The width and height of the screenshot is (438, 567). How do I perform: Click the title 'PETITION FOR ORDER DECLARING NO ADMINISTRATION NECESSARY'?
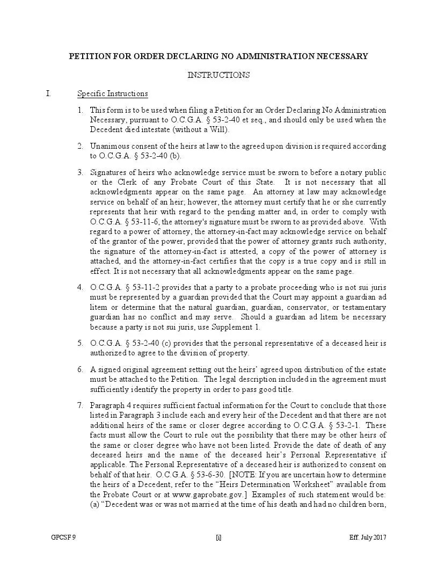click(x=218, y=56)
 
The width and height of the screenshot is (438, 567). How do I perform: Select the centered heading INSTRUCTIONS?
click(x=218, y=75)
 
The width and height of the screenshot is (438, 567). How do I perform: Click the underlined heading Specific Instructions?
click(x=112, y=94)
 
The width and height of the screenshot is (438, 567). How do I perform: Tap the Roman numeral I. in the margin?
click(x=48, y=94)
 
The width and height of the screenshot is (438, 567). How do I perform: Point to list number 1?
click(x=80, y=111)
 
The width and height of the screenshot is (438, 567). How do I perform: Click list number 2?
click(x=80, y=147)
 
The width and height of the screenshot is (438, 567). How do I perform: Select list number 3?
click(x=80, y=172)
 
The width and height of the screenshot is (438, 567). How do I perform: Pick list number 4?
click(x=80, y=287)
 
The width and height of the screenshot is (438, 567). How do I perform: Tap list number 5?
click(x=80, y=343)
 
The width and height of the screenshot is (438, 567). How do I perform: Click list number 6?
click(x=80, y=370)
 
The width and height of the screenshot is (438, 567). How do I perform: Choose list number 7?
click(x=80, y=405)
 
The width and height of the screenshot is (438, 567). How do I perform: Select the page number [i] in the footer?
click(x=218, y=537)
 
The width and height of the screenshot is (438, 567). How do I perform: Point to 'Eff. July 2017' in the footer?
click(x=368, y=537)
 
